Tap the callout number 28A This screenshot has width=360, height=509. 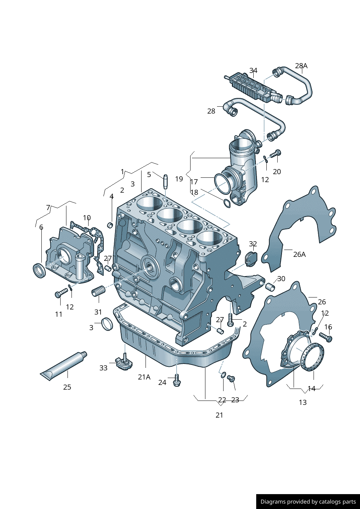click(x=301, y=66)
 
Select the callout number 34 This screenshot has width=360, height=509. click(x=253, y=70)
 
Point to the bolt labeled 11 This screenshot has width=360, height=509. click(x=61, y=292)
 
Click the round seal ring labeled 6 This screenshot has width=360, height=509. click(x=39, y=270)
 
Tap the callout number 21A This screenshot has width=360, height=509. click(x=144, y=377)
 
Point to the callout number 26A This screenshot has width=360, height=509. click(x=299, y=254)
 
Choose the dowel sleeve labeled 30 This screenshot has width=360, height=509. click(x=270, y=287)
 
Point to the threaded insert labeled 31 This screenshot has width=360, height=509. click(x=98, y=291)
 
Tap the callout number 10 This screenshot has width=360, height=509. click(x=87, y=218)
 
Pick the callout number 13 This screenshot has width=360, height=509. click(x=303, y=402)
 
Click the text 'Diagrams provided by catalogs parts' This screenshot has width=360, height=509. click(x=308, y=502)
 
